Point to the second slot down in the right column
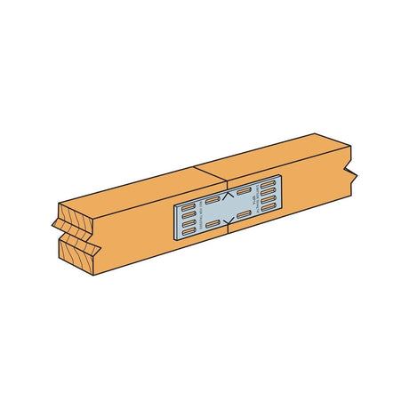267,193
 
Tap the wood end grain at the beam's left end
78,237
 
